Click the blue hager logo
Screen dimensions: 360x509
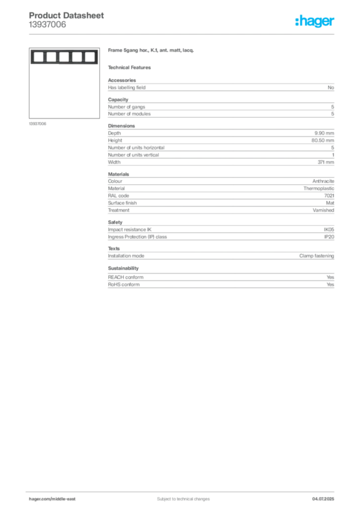(x=315, y=22)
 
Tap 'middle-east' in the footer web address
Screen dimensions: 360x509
(x=65, y=499)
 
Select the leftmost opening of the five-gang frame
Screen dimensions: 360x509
(x=38, y=57)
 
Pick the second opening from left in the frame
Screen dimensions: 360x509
(x=51, y=57)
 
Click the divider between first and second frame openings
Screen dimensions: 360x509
(x=44, y=57)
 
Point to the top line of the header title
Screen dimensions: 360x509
(x=67, y=11)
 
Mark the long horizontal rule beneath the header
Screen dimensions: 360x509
(x=183, y=34)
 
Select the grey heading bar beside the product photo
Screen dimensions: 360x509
(x=151, y=52)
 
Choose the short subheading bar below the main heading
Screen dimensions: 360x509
(x=131, y=67)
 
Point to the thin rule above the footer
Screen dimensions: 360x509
(x=183, y=491)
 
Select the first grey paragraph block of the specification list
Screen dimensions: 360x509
(x=221, y=87)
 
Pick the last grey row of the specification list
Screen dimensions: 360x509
(x=221, y=285)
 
